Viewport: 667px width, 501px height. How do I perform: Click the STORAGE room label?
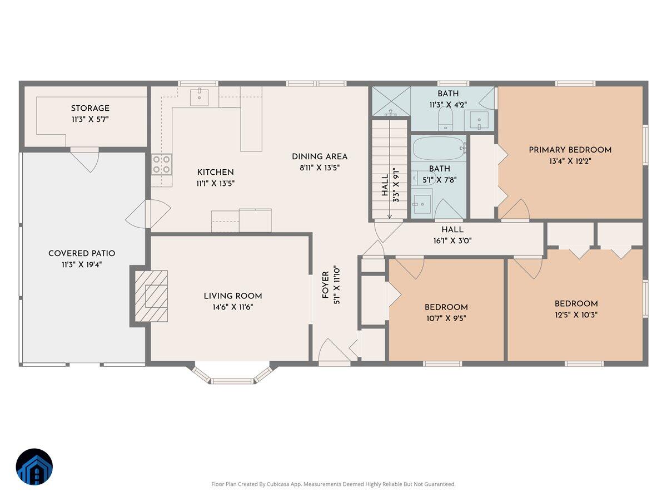pos(90,108)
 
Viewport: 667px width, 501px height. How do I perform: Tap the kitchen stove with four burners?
pos(162,164)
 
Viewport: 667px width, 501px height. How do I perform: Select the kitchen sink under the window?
pos(199,97)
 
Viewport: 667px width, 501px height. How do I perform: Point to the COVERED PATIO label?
pos(82,253)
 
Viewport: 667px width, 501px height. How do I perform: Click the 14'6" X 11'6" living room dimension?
pos(232,307)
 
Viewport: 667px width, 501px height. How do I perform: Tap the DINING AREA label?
pos(320,156)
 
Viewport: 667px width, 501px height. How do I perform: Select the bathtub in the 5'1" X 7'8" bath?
pos(439,149)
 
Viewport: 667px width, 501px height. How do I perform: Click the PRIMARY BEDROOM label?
pos(570,150)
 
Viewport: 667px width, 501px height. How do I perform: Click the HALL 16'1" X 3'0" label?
pos(452,234)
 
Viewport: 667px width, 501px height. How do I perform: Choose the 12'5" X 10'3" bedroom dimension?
pos(576,315)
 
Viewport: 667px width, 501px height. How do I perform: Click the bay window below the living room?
pos(232,377)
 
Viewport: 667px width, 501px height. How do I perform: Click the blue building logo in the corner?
pos(34,466)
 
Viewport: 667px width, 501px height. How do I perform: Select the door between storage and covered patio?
pos(85,159)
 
